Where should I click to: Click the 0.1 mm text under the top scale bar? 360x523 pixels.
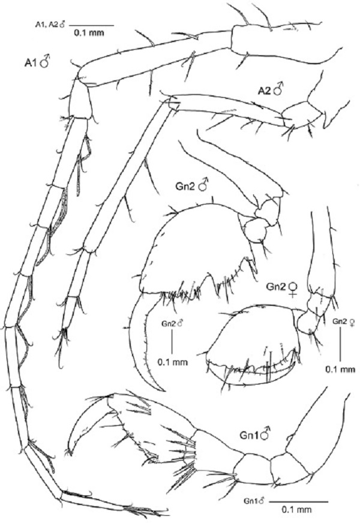click(x=89, y=34)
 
